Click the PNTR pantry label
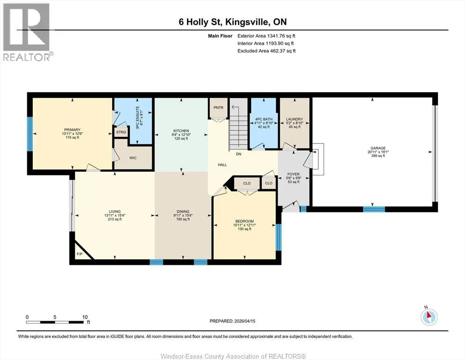pos(218,107)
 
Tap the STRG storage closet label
pos(121,132)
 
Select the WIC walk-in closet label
pos(133,158)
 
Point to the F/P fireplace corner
pos(80,254)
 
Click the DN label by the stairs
pos(238,154)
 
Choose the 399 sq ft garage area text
pos(378,156)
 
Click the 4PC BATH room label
pos(264,119)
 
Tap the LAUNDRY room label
pos(295,119)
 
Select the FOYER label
pos(293,174)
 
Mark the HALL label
pos(222,165)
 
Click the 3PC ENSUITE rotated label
pos(138,118)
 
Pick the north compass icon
pos(429,316)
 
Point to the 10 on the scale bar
pos(85,317)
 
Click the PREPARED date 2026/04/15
pos(244,321)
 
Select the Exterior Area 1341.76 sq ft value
pos(266,36)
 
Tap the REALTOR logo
pos(27,32)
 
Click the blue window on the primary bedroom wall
pos(30,134)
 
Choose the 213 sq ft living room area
pos(115,219)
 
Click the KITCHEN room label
pos(181,131)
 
